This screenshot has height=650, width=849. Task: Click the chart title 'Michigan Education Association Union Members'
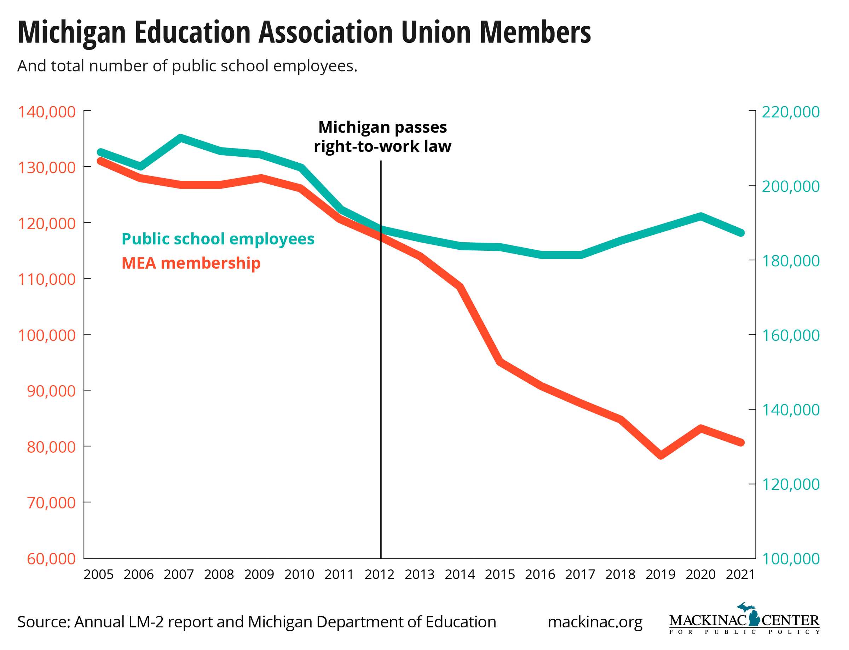tap(304, 33)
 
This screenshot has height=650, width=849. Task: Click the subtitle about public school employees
tap(187, 66)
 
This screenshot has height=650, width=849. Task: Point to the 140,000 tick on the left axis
tap(47, 112)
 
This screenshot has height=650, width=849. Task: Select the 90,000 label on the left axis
tap(51, 391)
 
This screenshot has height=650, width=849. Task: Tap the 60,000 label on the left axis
tap(51, 559)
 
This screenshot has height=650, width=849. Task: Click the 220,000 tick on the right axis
tap(790, 112)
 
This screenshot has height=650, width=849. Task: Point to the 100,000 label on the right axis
tap(790, 559)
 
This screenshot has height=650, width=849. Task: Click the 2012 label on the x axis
tap(379, 575)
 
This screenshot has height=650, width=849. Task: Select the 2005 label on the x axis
tap(98, 575)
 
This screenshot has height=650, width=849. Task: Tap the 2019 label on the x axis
tap(660, 575)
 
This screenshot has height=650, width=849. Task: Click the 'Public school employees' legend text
tap(218, 239)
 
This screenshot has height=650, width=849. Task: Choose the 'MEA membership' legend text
tap(191, 263)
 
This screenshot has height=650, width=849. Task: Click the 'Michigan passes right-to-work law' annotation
tap(382, 137)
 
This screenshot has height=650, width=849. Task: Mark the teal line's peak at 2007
tap(180, 138)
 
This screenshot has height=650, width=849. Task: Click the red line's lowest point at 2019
tap(660, 455)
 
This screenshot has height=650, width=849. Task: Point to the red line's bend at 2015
tap(500, 361)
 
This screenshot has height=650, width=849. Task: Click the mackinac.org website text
tap(595, 622)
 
